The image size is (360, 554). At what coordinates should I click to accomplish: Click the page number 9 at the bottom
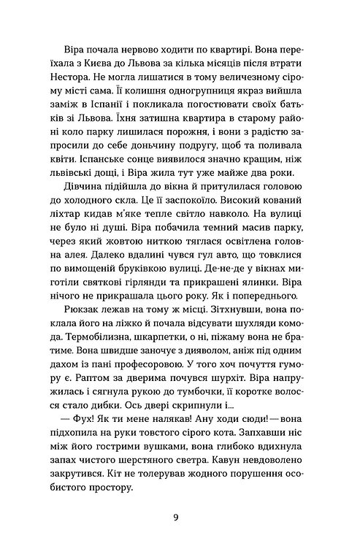tap(180, 520)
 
